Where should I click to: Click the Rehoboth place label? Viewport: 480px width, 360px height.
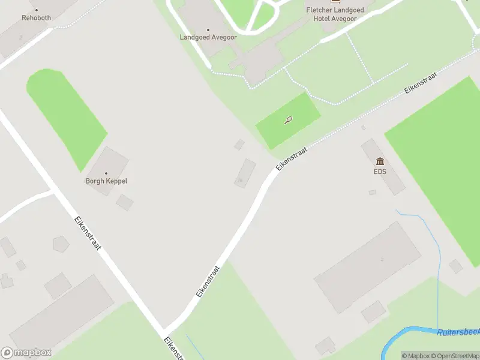(x=37, y=18)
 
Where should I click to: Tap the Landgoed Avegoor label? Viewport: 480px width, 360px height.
(x=208, y=37)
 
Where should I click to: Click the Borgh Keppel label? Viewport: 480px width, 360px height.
(x=106, y=181)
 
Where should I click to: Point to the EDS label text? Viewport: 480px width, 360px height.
(x=380, y=172)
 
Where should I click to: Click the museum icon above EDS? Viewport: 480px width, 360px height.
(x=380, y=161)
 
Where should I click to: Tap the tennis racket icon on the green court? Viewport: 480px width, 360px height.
(x=289, y=120)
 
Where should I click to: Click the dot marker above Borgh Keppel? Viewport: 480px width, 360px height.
(x=106, y=173)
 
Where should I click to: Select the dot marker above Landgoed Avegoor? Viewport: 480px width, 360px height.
(x=208, y=29)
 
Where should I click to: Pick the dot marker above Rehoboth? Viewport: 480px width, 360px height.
(x=37, y=10)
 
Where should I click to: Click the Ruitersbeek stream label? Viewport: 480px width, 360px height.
(x=458, y=332)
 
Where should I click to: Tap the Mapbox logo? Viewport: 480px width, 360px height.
(x=26, y=353)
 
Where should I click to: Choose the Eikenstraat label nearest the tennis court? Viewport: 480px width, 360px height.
(x=291, y=158)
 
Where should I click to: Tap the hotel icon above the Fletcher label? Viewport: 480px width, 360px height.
(x=334, y=2)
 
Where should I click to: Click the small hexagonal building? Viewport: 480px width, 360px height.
(x=61, y=244)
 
